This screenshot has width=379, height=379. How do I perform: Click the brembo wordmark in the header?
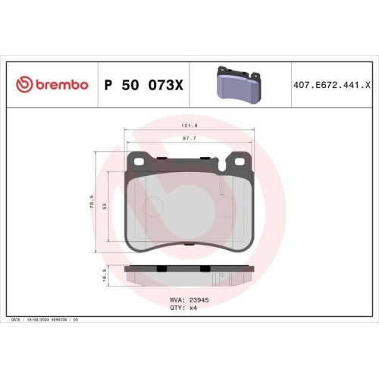(x=60, y=84)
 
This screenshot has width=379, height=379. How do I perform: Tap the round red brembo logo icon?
(x=23, y=84)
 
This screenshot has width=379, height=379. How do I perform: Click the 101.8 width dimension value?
(x=189, y=127)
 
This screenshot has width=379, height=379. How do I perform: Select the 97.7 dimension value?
(x=189, y=139)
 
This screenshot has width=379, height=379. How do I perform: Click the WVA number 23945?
(x=198, y=300)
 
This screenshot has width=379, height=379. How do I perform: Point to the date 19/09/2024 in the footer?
(x=38, y=321)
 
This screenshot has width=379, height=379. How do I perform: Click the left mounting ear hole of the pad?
(x=139, y=160)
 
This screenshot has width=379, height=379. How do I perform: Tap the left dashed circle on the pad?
(x=155, y=205)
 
